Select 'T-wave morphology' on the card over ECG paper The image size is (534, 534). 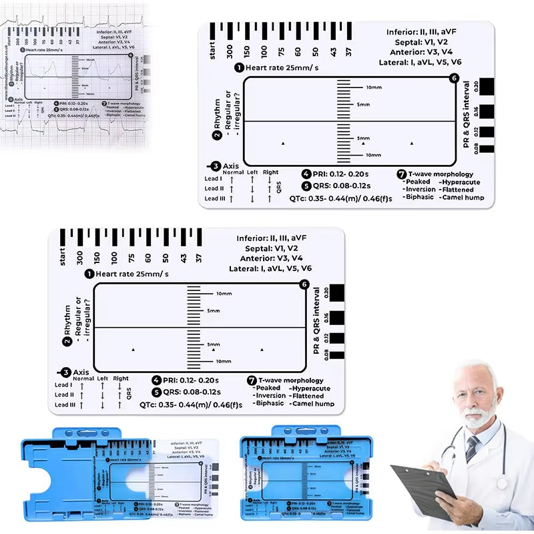121,103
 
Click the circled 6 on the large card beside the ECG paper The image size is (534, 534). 455,78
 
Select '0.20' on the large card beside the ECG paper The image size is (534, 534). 476,87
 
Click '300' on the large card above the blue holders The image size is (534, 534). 79,257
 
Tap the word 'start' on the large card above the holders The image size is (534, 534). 62,257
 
